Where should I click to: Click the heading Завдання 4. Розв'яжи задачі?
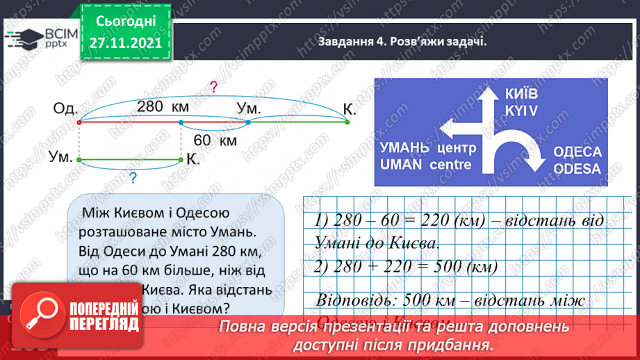click(x=400, y=41)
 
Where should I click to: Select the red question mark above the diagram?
click(x=213, y=88)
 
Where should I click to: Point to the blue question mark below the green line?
click(x=132, y=177)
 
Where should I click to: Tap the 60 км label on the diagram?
click(x=215, y=140)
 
